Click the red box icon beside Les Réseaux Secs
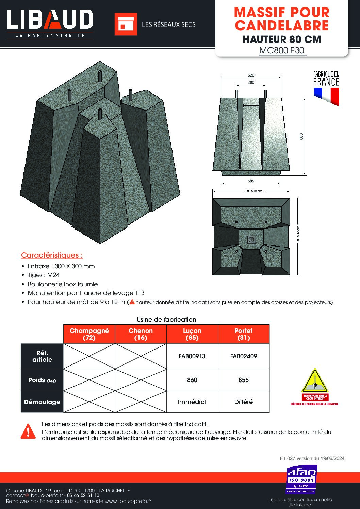coord(126,24)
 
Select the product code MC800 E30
coord(282,51)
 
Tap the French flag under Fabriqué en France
coord(326,96)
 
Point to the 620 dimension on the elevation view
coord(251,75)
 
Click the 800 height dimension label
coord(301,136)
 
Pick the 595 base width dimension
coord(251,181)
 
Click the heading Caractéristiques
coord(52,255)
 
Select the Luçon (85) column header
coord(192,334)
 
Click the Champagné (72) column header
coord(89,334)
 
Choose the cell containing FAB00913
coord(192,356)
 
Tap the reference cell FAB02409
coord(244,356)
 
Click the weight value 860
coord(192,380)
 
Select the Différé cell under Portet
coord(244,402)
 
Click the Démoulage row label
coord(42,402)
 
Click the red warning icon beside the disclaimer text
coord(28,431)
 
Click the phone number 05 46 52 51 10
coord(83,496)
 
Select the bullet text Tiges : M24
coord(44,275)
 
